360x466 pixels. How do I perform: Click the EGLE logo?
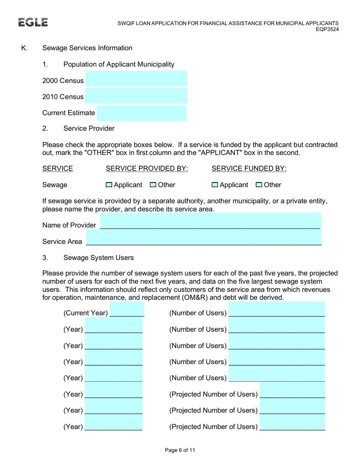click(33, 23)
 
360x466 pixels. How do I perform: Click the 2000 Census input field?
click(136, 79)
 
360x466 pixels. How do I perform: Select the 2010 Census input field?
click(136, 96)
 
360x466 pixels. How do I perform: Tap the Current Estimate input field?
click(142, 113)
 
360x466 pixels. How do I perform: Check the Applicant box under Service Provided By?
click(109, 185)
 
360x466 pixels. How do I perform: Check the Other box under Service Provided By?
click(153, 185)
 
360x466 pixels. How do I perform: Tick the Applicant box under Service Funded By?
click(215, 185)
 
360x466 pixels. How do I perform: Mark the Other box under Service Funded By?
click(259, 185)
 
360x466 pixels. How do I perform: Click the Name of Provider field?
click(210, 222)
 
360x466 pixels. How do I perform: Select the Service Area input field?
click(203, 239)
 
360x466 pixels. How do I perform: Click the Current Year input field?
click(127, 310)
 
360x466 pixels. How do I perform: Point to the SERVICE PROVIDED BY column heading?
click(147, 169)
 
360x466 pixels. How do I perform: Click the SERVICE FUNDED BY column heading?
click(249, 169)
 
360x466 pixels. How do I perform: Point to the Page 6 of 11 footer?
click(180, 450)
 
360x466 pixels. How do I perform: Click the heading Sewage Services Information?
click(87, 48)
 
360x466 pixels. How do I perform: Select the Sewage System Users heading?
click(99, 258)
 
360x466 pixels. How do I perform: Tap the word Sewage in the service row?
click(55, 185)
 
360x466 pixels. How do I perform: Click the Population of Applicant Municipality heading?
click(119, 64)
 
